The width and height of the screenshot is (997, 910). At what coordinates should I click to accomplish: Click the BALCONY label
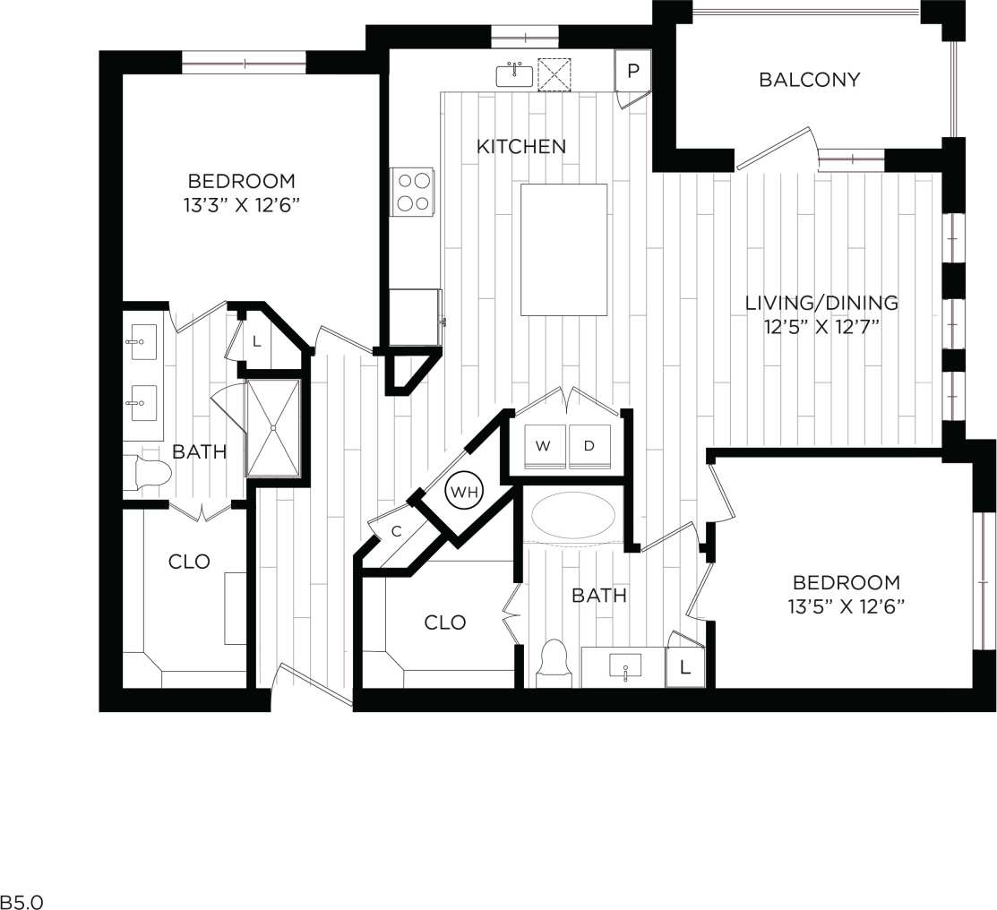click(x=809, y=80)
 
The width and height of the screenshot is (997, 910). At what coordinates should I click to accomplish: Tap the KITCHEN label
click(x=520, y=146)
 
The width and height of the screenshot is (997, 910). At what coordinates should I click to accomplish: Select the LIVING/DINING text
click(x=821, y=303)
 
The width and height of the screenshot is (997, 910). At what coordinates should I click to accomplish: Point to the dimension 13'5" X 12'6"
click(x=847, y=606)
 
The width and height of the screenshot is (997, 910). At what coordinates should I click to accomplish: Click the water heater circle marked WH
click(x=465, y=492)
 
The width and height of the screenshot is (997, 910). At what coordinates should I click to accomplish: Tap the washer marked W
click(x=543, y=446)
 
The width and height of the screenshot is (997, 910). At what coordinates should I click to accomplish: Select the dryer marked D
click(x=589, y=446)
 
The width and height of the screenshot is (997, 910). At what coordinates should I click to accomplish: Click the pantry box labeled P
click(x=633, y=71)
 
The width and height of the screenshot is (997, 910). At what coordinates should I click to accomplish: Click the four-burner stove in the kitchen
click(x=412, y=192)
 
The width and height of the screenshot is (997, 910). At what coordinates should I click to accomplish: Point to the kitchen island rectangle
click(x=563, y=250)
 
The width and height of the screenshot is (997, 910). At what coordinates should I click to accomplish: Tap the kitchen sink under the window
click(x=514, y=75)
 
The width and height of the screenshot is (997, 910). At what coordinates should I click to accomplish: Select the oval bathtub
click(x=573, y=517)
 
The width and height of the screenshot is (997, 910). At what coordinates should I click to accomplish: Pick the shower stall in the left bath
click(x=275, y=427)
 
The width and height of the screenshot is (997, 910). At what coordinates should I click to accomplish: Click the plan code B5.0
click(x=21, y=900)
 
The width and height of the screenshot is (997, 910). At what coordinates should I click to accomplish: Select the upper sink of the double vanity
click(x=143, y=342)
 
